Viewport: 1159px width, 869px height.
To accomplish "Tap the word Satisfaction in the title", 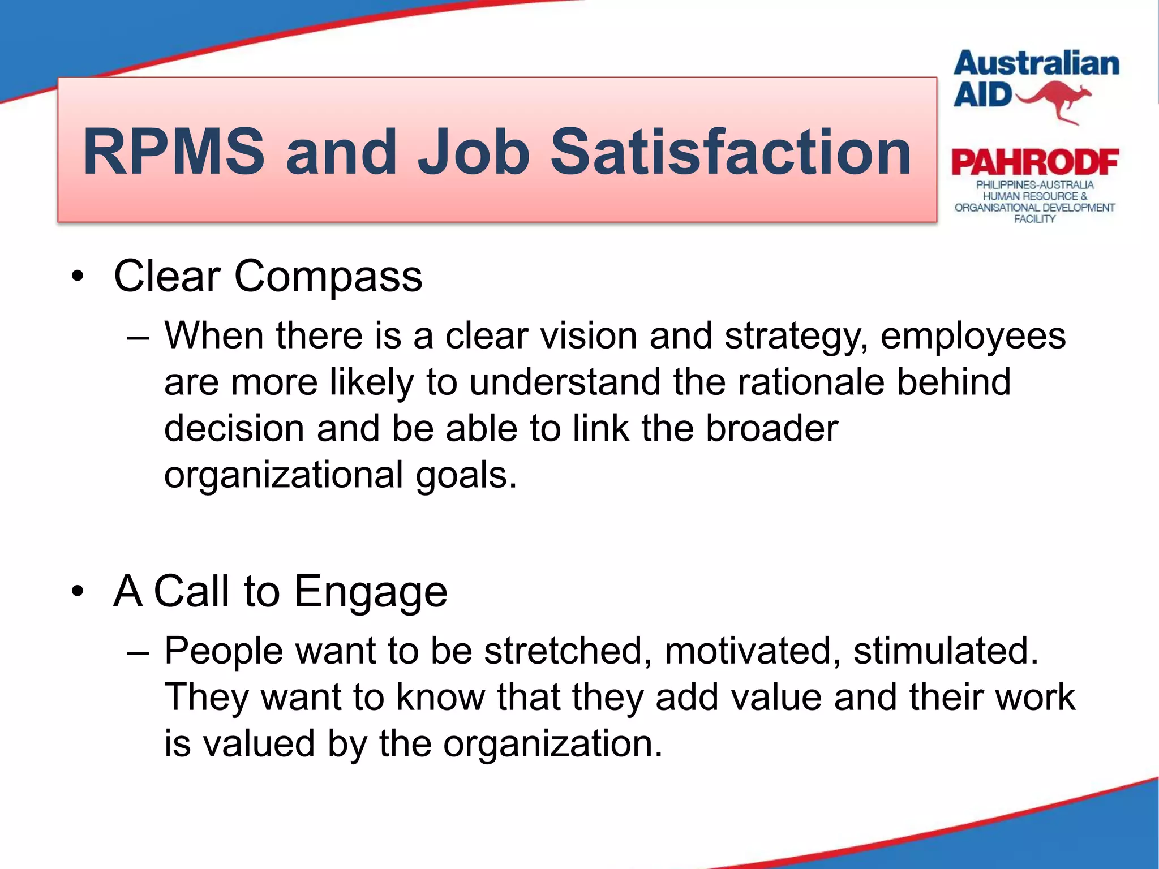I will (x=731, y=152).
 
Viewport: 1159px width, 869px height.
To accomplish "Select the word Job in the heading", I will (x=474, y=152).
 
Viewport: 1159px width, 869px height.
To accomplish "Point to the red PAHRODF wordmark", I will (x=1034, y=163).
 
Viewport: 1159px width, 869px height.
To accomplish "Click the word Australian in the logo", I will (x=1036, y=64).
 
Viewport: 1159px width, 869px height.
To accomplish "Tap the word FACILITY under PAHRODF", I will (x=1034, y=219).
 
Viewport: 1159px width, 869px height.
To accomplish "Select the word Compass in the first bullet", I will (x=328, y=277).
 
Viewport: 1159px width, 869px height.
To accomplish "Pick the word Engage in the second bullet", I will (x=371, y=592).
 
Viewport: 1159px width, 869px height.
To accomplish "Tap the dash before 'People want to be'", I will (x=138, y=652).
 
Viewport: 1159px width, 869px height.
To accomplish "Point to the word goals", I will (x=465, y=475).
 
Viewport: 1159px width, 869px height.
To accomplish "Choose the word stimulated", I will (x=945, y=651).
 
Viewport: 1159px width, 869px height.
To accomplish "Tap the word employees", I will (x=972, y=337).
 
